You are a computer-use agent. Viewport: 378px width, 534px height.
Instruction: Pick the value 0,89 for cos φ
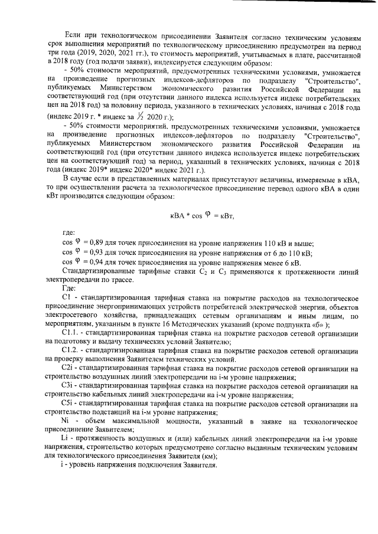pos(96,244)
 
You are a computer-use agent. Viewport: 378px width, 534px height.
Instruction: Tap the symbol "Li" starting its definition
pos(66,440)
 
